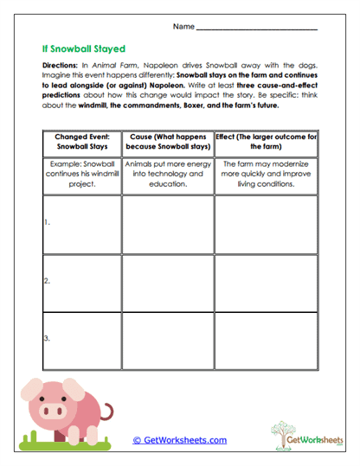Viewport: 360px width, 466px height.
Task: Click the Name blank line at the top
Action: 257,29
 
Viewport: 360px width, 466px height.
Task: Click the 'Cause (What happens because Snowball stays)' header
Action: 166,142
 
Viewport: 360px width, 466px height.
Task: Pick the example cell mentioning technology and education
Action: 166,173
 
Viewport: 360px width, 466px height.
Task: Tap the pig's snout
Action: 46,406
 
